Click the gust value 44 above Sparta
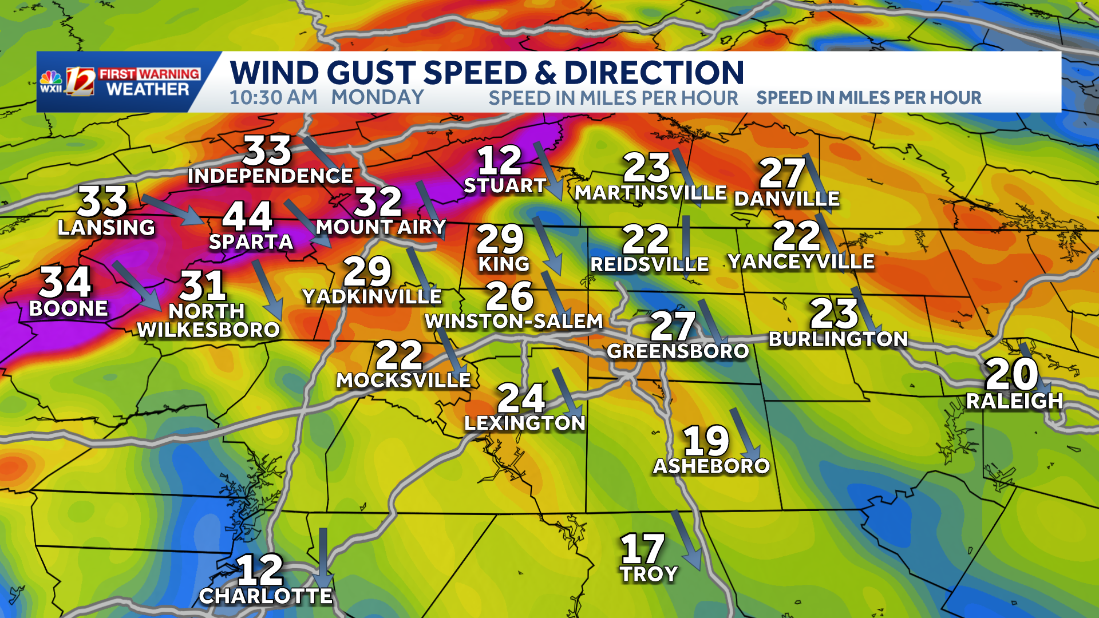247,216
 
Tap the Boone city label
68,309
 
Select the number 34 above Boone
65,282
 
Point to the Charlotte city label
266,596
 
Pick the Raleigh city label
1014,401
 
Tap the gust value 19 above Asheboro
706,440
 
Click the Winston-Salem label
514,322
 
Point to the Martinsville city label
650,193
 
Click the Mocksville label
404,381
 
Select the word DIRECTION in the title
654,73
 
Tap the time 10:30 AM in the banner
274,98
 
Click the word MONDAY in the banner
377,98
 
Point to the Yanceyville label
801,262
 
